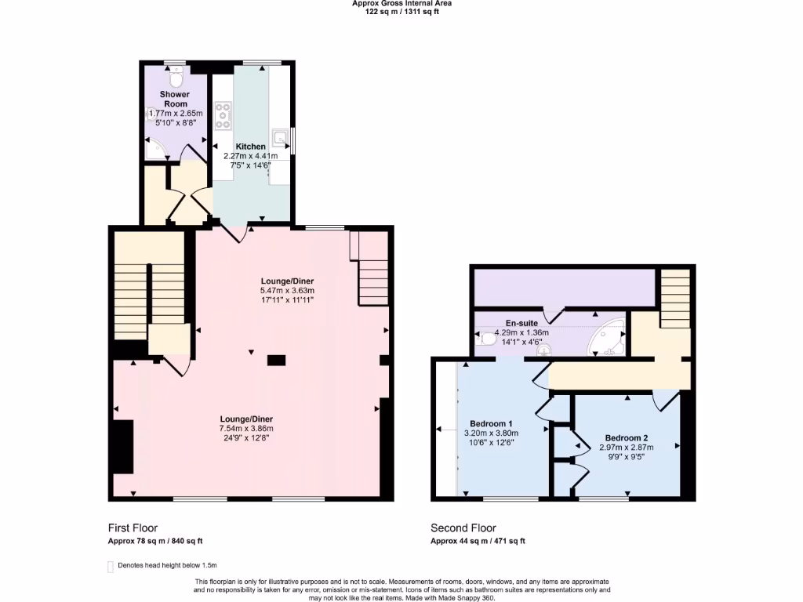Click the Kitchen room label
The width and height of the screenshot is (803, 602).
(x=250, y=147)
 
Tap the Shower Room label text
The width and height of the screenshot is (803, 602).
(x=175, y=99)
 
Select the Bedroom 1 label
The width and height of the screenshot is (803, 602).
(x=491, y=423)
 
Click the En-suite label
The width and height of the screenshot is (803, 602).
(x=521, y=322)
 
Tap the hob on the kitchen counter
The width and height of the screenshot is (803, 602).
(x=223, y=116)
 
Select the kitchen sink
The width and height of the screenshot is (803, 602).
(x=280, y=136)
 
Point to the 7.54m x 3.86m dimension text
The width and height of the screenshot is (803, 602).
(x=246, y=428)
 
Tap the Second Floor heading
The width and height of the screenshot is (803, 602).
(x=463, y=528)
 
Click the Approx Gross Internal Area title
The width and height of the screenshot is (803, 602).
(x=401, y=4)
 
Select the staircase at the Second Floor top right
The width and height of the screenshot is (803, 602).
(x=674, y=299)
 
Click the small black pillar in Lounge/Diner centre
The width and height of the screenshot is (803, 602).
(x=276, y=361)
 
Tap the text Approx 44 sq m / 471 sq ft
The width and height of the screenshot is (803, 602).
(x=478, y=541)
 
